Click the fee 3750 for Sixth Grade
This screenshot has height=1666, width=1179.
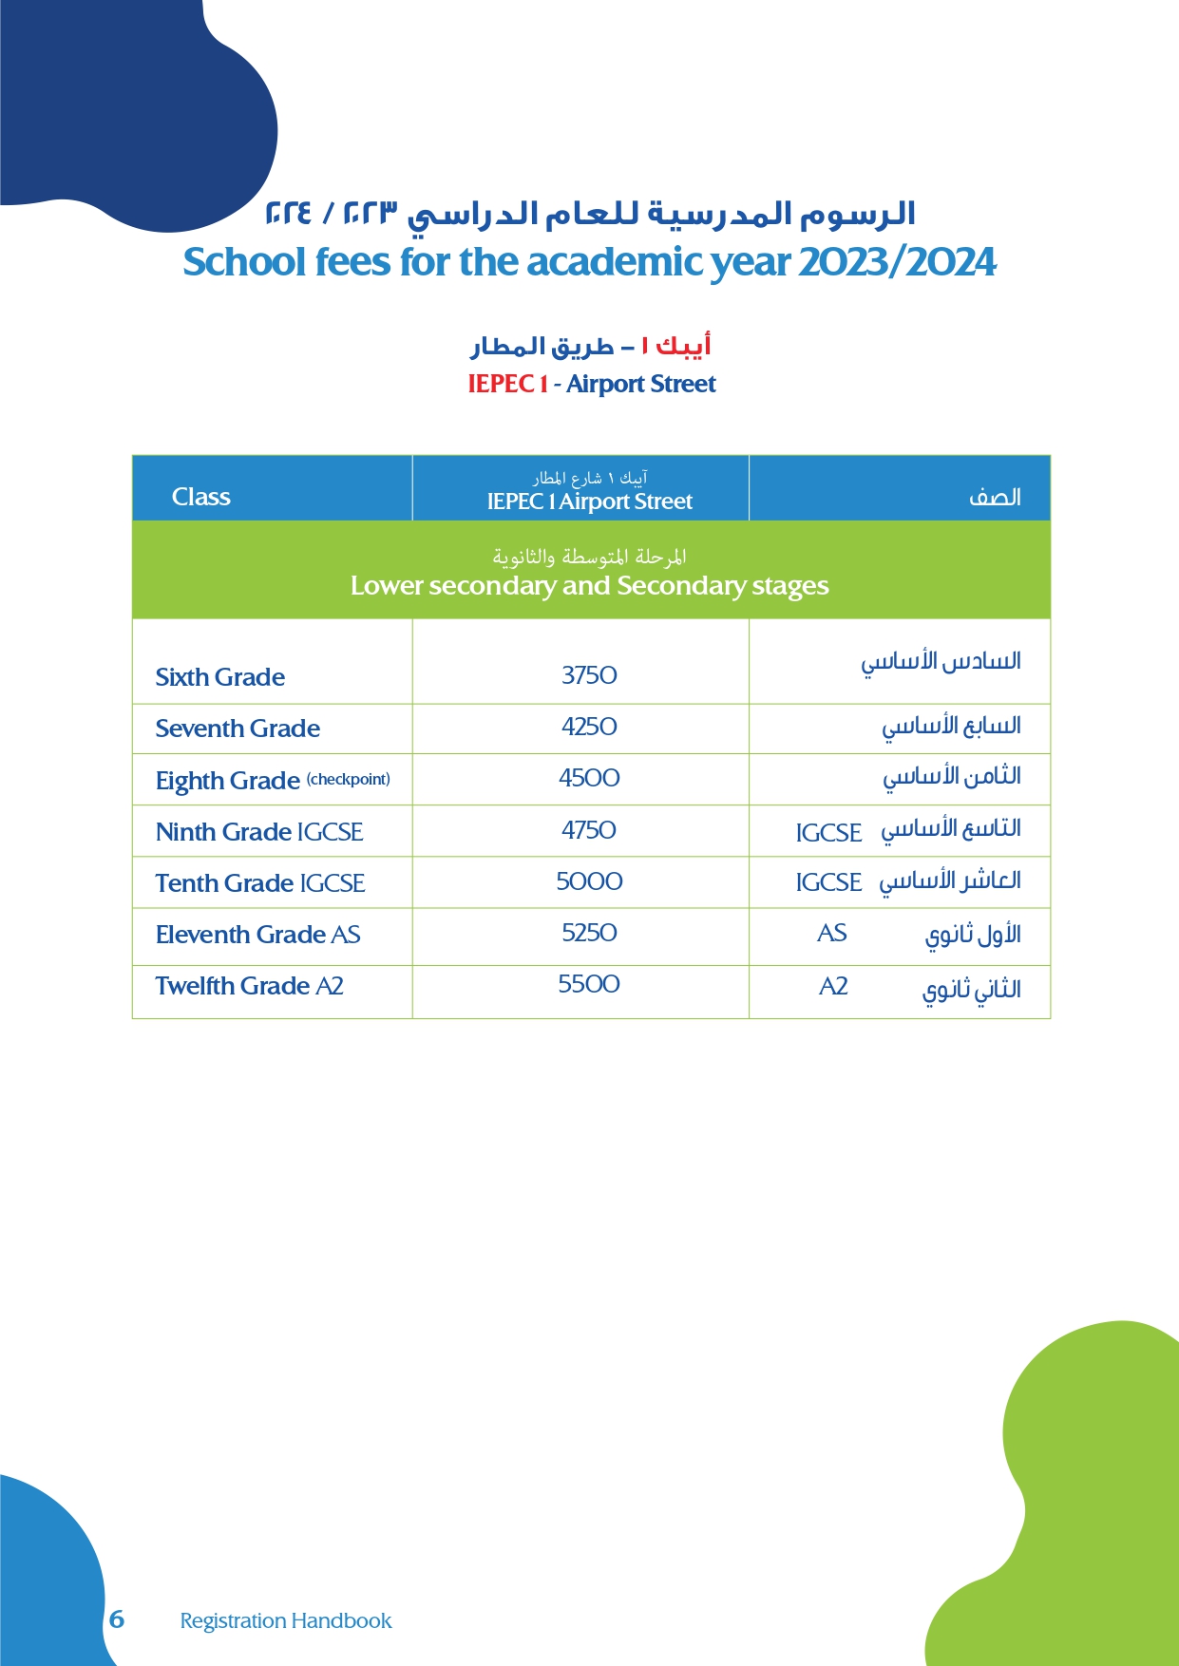tap(589, 675)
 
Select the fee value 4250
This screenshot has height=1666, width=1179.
tap(589, 727)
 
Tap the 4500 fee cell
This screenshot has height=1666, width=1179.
tap(589, 778)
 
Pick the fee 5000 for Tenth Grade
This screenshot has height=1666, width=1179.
tap(589, 881)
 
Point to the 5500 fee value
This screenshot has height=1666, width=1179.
tap(589, 984)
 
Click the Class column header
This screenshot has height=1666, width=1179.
tap(200, 497)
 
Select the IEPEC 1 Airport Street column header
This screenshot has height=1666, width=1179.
tap(589, 502)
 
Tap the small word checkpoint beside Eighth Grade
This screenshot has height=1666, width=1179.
tap(348, 779)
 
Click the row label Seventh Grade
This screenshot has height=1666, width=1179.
tap(238, 729)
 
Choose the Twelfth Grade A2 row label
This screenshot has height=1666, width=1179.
tap(249, 986)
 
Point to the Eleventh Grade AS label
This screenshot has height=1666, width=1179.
tap(257, 935)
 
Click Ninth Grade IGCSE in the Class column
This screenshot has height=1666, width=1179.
tap(259, 832)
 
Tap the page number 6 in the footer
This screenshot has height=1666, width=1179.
tap(117, 1619)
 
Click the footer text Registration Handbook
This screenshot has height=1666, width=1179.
tap(285, 1620)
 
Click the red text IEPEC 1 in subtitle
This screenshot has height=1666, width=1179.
tap(507, 384)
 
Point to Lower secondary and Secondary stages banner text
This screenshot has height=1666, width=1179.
tap(589, 586)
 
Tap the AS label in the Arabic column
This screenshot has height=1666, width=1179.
tap(831, 934)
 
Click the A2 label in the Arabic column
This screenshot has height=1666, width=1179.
tap(833, 987)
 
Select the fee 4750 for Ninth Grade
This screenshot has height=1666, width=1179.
tap(589, 830)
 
